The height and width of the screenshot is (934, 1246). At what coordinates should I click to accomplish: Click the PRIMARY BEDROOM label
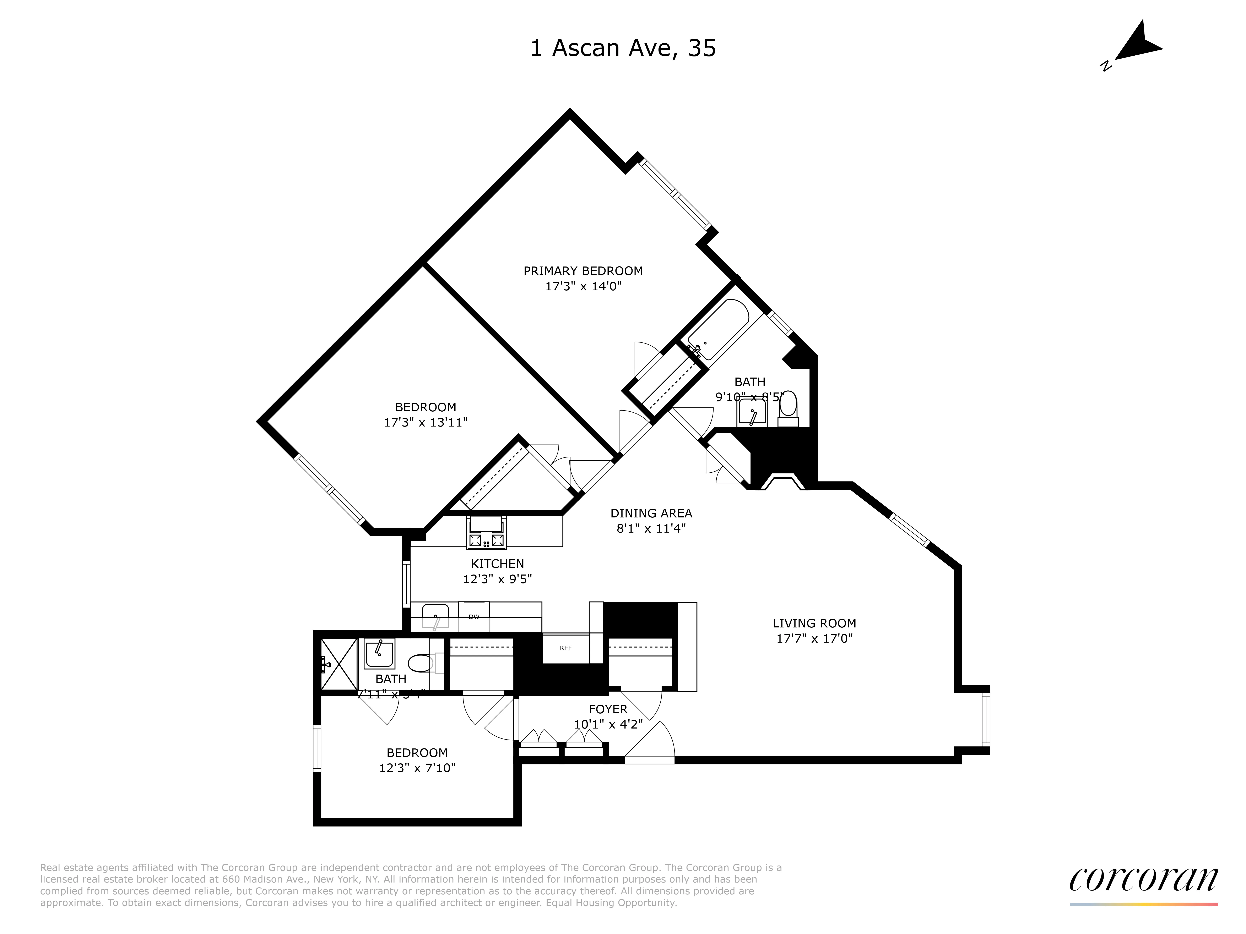[583, 271]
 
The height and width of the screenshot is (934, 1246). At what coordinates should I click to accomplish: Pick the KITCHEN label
[497, 564]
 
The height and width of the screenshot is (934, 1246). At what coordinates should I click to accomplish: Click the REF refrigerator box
[565, 648]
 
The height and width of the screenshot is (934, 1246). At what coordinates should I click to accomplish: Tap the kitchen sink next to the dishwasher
[435, 616]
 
